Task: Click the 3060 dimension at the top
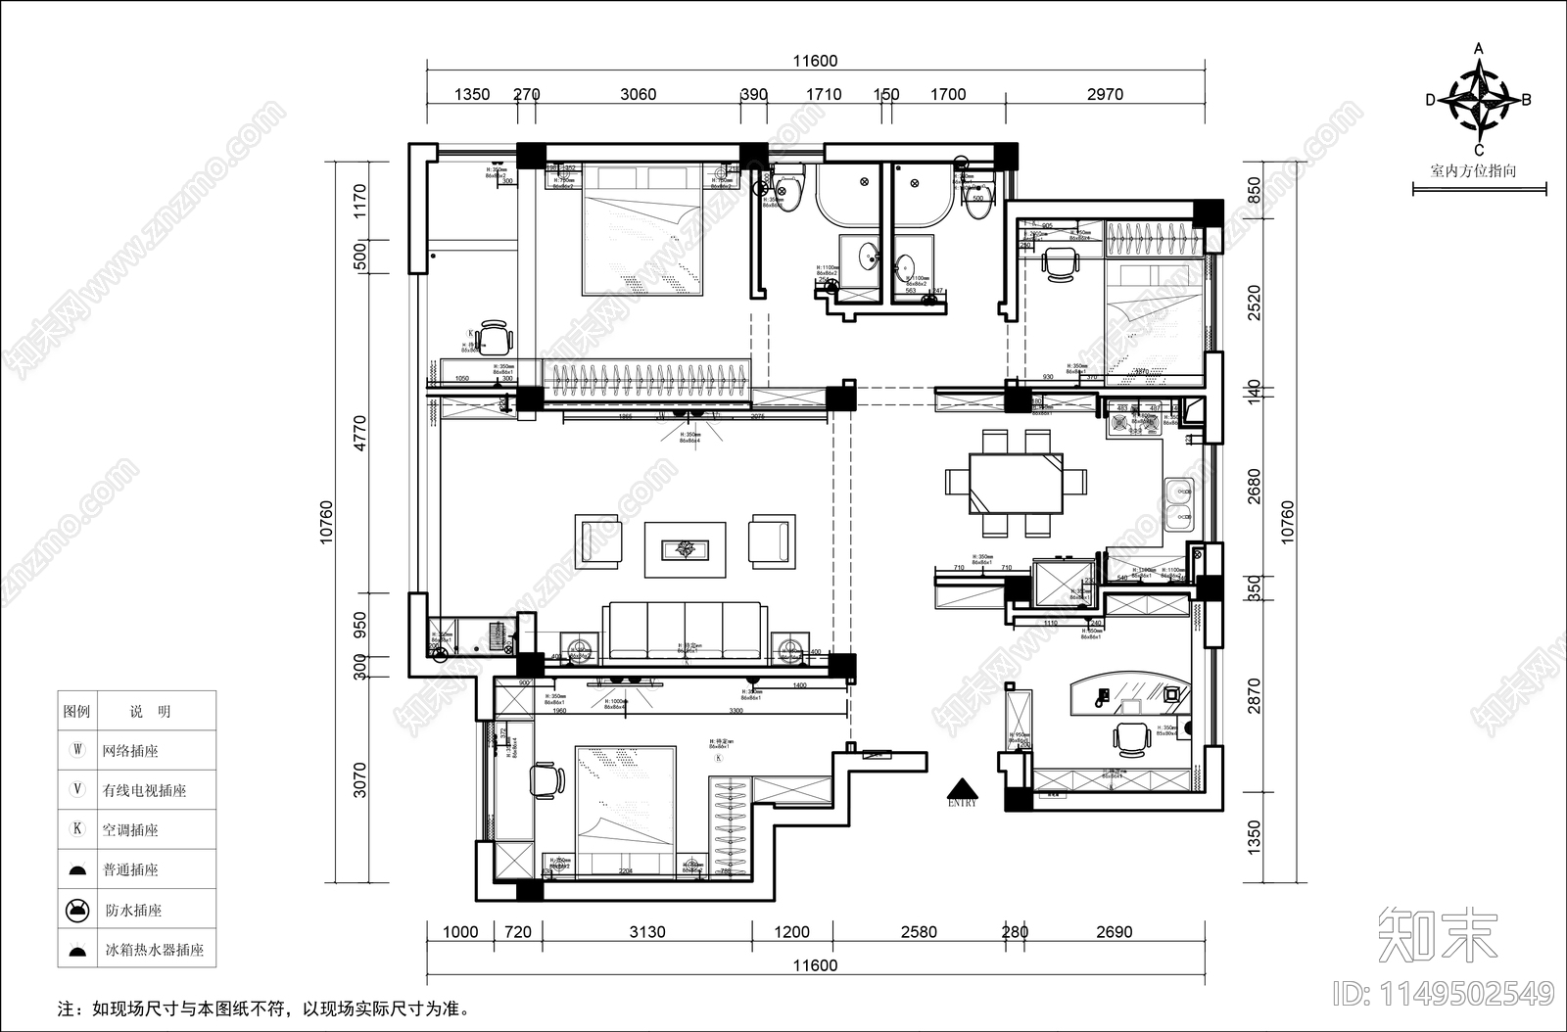638,95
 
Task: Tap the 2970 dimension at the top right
1105,95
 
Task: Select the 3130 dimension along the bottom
647,932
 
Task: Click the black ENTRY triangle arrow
963,789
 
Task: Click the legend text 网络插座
130,752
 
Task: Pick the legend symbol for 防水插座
77,911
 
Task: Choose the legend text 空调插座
130,830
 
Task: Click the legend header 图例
76,712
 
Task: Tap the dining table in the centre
1016,483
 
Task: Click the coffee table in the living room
685,549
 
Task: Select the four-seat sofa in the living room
684,630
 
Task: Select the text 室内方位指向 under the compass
1473,170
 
